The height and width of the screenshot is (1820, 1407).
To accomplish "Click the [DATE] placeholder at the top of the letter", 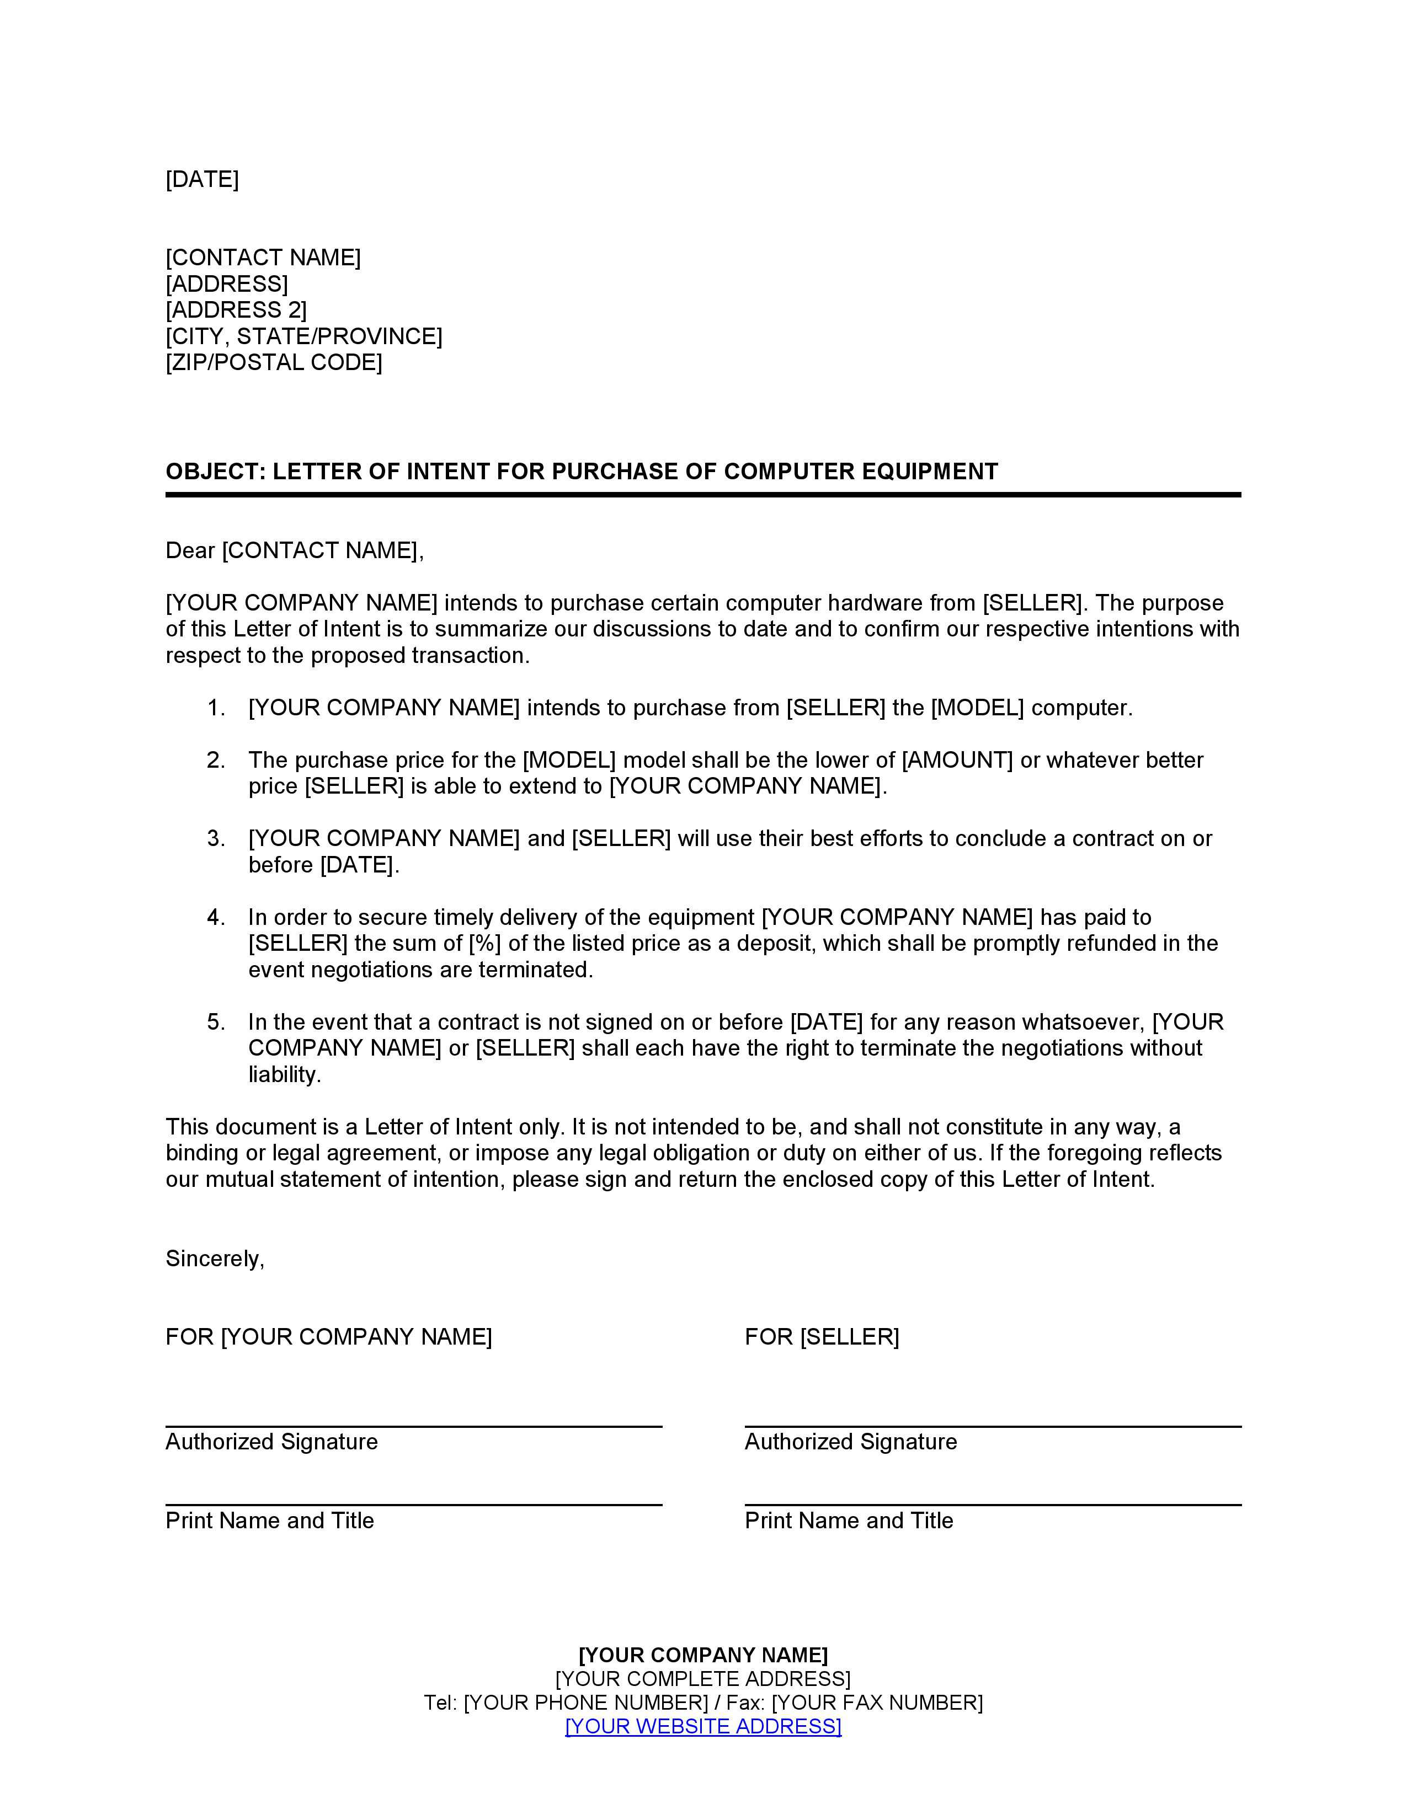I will (202, 179).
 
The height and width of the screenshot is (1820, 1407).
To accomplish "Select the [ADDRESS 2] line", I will (236, 310).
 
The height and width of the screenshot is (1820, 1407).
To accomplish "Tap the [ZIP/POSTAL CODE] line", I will (273, 362).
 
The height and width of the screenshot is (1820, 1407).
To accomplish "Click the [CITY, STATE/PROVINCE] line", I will (303, 336).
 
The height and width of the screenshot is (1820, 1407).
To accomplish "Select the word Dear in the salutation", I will (190, 551).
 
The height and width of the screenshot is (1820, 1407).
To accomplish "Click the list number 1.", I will (215, 708).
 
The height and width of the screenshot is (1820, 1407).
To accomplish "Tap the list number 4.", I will (215, 918).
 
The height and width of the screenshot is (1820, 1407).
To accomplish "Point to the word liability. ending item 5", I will (284, 1075).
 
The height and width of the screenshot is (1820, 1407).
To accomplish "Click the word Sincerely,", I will (214, 1259).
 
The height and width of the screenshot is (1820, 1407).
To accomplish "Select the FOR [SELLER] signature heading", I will (821, 1337).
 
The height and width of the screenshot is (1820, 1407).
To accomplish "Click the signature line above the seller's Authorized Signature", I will (992, 1427).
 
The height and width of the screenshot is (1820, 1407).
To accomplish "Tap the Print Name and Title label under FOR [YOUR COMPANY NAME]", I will (269, 1521).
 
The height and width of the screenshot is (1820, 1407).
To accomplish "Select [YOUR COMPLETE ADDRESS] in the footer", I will (702, 1679).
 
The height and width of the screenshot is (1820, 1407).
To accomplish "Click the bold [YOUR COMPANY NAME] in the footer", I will (702, 1655).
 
